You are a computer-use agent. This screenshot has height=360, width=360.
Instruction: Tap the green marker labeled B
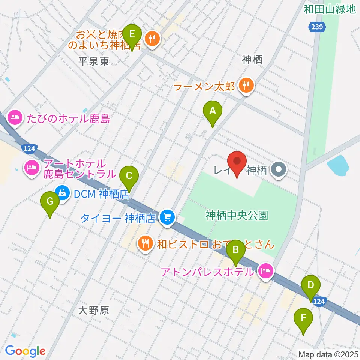(235, 250)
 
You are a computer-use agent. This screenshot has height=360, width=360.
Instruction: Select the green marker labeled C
(129, 176)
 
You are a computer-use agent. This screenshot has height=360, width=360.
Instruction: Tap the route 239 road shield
(318, 27)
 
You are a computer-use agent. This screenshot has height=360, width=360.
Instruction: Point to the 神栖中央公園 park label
(236, 215)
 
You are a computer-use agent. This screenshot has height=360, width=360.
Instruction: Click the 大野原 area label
(94, 310)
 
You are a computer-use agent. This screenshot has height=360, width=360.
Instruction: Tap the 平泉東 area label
(94, 61)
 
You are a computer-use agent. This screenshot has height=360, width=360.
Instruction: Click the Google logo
(25, 351)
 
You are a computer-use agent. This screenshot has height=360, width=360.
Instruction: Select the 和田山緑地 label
(329, 9)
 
